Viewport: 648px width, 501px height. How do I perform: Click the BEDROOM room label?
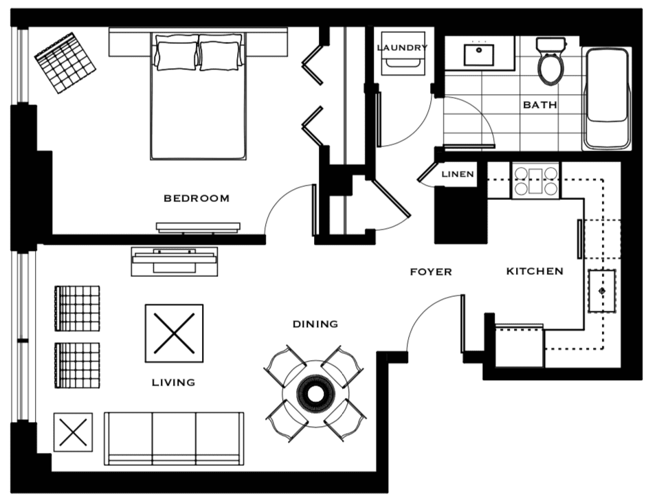click(x=197, y=199)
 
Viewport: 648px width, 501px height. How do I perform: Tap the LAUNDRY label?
click(x=402, y=47)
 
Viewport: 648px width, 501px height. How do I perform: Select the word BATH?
click(x=539, y=105)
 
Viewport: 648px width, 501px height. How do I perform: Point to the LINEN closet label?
click(x=458, y=174)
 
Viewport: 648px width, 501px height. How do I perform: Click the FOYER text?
click(x=431, y=271)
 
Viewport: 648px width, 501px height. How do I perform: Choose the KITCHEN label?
click(x=535, y=271)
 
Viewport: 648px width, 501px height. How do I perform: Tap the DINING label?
click(x=315, y=324)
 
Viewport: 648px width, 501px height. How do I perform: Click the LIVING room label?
click(x=174, y=382)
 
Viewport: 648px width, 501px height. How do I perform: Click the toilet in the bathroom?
click(x=550, y=61)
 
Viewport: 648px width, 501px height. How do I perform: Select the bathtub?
click(x=606, y=99)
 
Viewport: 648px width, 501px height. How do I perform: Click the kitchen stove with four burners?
click(x=535, y=181)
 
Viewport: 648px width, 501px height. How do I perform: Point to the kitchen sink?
click(x=602, y=291)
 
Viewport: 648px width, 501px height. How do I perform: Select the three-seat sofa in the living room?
click(x=174, y=438)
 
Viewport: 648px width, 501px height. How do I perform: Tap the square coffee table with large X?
click(x=174, y=333)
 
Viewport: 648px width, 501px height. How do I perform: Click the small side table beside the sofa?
click(x=73, y=432)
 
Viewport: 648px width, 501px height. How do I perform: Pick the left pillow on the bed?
click(x=176, y=52)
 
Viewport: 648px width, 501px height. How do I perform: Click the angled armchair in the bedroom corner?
click(x=65, y=63)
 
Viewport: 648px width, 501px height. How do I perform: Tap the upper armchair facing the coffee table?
click(x=77, y=309)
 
